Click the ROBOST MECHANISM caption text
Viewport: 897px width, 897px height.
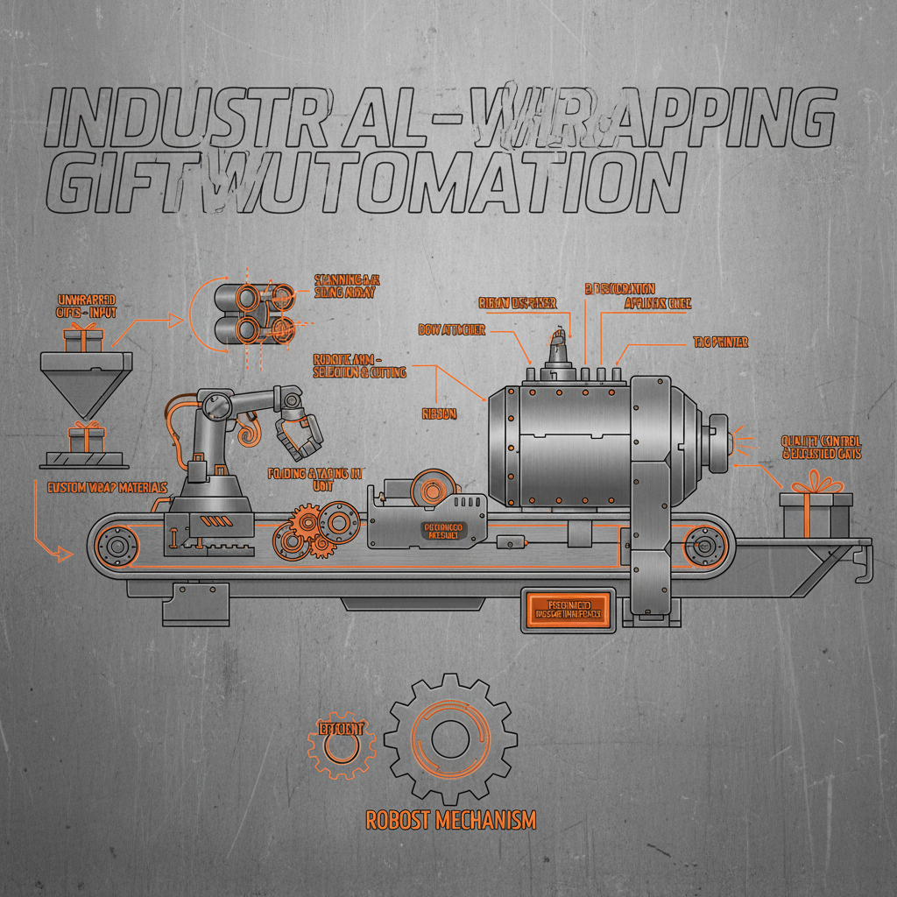tap(450, 820)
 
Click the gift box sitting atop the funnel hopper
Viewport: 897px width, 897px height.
tap(84, 338)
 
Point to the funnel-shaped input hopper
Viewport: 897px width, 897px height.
tap(86, 382)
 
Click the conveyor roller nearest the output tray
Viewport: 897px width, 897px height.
tap(703, 547)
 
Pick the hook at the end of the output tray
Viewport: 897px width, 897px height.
tap(862, 565)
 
